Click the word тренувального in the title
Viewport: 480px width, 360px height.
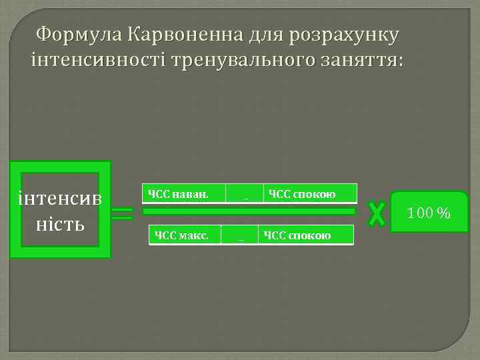pyautogui.click(x=234, y=61)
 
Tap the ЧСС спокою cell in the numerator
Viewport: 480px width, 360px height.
pyautogui.click(x=310, y=194)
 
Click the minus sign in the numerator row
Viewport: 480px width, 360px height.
pyautogui.click(x=245, y=195)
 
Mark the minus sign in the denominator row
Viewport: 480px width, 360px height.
pyautogui.click(x=241, y=236)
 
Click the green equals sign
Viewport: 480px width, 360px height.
pyautogui.click(x=122, y=214)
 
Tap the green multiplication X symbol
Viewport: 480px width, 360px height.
pyautogui.click(x=377, y=213)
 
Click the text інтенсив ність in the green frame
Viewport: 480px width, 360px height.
pyautogui.click(x=61, y=211)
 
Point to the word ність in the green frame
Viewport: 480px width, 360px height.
pyautogui.click(x=61, y=223)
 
